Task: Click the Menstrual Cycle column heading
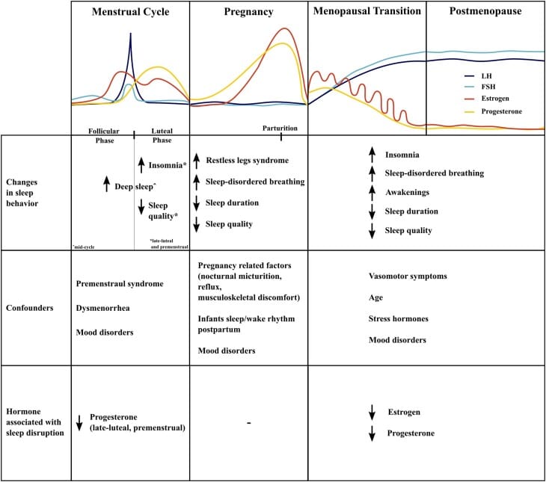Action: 131,13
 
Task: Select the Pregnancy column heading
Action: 248,13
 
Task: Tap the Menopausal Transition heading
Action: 366,13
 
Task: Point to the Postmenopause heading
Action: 485,13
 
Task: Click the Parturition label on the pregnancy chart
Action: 280,128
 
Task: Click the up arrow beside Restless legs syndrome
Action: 196,160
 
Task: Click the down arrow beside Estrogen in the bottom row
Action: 372,412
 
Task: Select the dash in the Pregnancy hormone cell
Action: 248,424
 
